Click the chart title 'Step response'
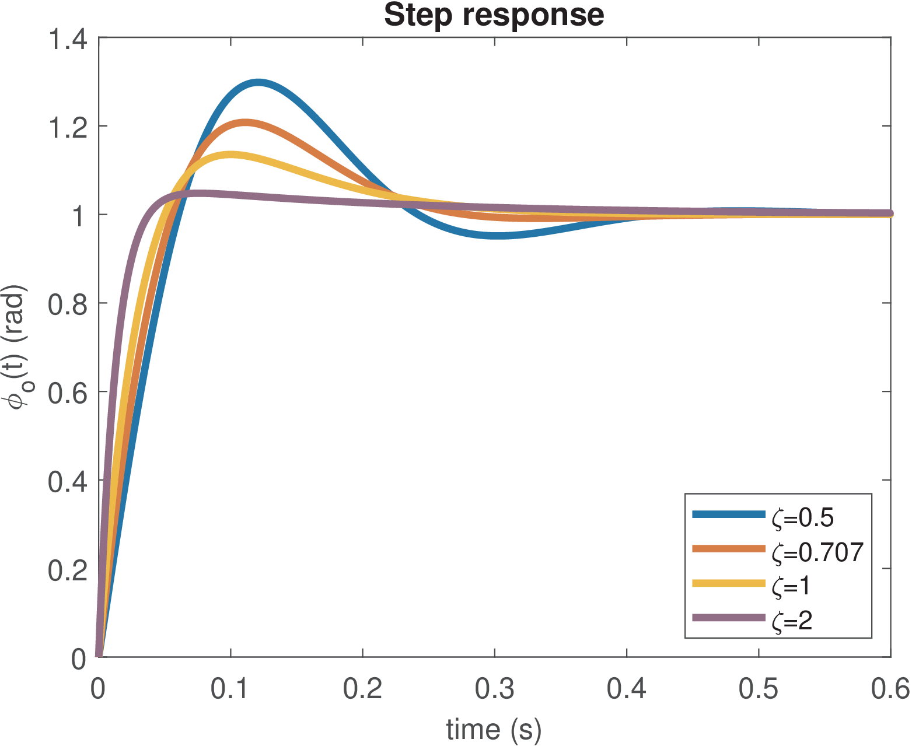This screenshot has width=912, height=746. point(494,15)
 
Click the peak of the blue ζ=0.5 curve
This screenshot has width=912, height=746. point(257,83)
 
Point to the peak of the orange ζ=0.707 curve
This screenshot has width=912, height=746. point(245,123)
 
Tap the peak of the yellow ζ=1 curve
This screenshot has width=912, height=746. point(232,156)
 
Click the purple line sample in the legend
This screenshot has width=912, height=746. point(728,617)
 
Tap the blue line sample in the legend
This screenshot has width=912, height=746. point(728,514)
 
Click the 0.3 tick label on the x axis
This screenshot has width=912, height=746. point(495,689)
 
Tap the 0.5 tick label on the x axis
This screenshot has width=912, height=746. point(759,689)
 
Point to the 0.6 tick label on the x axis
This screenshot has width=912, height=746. point(890,689)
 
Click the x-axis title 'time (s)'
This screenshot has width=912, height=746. point(494,729)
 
